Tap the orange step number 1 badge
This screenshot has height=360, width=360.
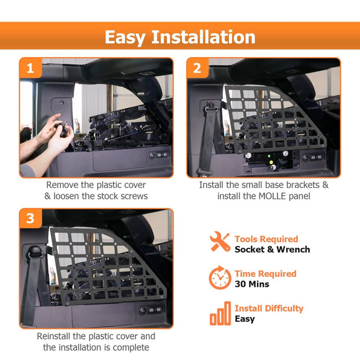(x=30, y=68)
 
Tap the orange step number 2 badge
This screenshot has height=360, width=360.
(x=197, y=68)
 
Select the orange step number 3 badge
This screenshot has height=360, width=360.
(x=30, y=218)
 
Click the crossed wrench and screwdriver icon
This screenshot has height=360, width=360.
(x=220, y=242)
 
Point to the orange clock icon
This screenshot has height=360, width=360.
(x=220, y=277)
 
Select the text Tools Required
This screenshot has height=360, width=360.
(x=266, y=239)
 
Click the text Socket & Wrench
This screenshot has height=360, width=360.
(x=272, y=250)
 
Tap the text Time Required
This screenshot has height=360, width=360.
(x=265, y=274)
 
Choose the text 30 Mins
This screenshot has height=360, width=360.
(x=252, y=284)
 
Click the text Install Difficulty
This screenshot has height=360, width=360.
(x=269, y=308)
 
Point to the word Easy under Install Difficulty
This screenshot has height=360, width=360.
(x=245, y=319)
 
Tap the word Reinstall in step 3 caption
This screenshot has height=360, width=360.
(x=57, y=336)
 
